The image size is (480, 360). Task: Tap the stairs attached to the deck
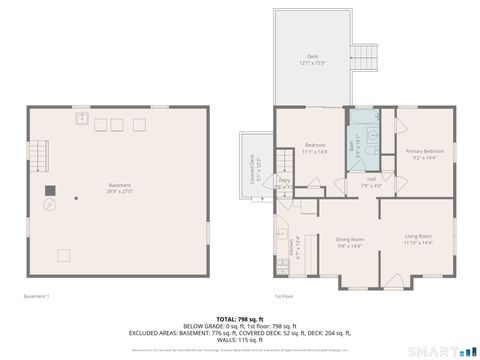(367, 57)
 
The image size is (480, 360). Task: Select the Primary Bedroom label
(424, 153)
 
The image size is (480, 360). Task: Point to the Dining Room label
(349, 241)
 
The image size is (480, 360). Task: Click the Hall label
(370, 181)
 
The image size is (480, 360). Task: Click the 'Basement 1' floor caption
(36, 296)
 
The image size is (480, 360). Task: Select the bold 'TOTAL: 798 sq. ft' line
(239, 316)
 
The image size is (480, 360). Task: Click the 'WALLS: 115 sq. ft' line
(239, 340)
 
